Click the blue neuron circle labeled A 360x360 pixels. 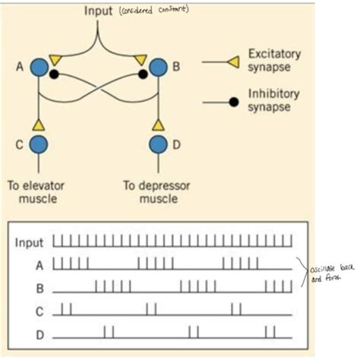tap(39, 67)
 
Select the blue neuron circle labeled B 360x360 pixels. tap(158, 67)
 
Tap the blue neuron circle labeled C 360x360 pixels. tap(39, 144)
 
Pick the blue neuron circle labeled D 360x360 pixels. tap(158, 144)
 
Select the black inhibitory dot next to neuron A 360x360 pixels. tap(54, 74)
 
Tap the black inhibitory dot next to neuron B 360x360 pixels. tap(142, 74)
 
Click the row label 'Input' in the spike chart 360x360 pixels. tap(30, 243)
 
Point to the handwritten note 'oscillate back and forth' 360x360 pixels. tap(329, 274)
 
